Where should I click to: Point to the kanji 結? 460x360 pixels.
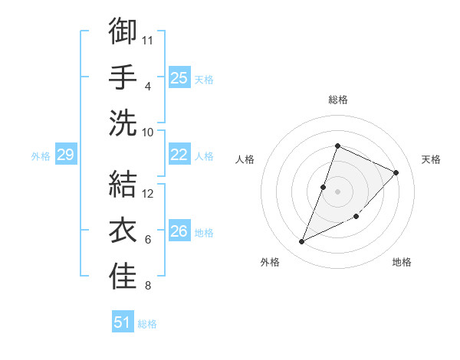(x=123, y=184)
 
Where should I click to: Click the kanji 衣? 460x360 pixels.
(x=123, y=230)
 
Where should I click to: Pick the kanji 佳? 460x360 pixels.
(x=123, y=276)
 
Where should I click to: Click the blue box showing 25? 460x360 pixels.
(x=179, y=77)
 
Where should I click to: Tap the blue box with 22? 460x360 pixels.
(x=179, y=155)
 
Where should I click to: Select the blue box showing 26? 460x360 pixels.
(x=179, y=232)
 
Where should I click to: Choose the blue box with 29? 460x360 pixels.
(x=65, y=155)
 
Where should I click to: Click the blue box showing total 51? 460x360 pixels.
(x=123, y=322)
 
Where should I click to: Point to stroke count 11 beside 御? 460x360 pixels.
(x=148, y=39)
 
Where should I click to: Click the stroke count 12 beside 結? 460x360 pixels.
(x=148, y=193)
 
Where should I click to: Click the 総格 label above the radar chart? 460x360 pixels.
(x=338, y=100)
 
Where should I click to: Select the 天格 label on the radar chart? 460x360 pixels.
(x=431, y=159)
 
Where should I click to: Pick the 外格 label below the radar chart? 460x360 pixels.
(x=270, y=263)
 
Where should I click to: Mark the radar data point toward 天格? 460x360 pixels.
(x=396, y=172)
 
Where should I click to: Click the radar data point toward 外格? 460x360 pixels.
(x=302, y=242)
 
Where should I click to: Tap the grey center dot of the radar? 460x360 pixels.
(x=337, y=191)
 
